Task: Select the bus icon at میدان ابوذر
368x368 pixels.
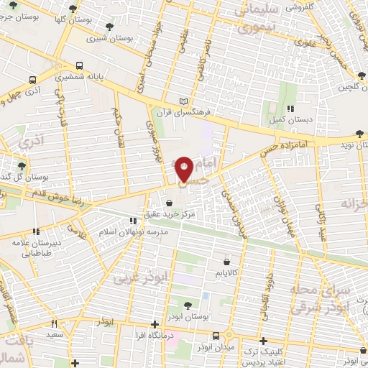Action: [216, 336]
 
